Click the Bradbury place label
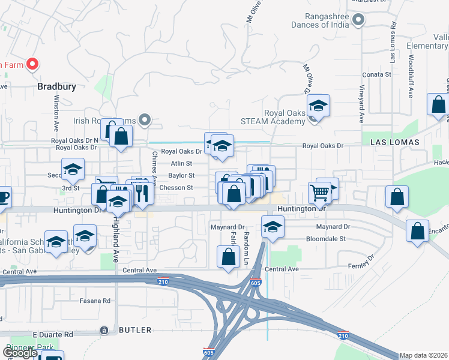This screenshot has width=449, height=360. (x=56, y=86)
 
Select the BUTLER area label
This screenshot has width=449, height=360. (x=135, y=330)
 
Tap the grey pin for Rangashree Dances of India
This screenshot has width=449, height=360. (x=358, y=20)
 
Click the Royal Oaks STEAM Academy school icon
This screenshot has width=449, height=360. (x=318, y=106)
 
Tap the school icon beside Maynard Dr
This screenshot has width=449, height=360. (x=273, y=227)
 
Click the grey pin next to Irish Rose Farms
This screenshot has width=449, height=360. (x=144, y=121)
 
